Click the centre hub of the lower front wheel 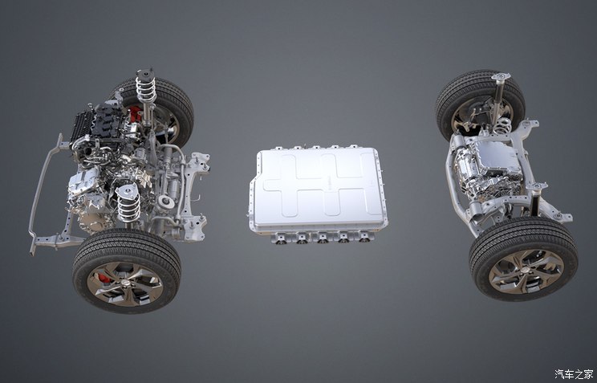coord(125,283)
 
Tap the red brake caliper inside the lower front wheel coord(104,278)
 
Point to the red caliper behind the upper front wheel coord(135,114)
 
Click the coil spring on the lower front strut coord(128,206)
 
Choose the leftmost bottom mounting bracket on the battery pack coord(281,238)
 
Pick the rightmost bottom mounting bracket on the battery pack coord(365,238)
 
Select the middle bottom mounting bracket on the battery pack coord(323,238)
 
